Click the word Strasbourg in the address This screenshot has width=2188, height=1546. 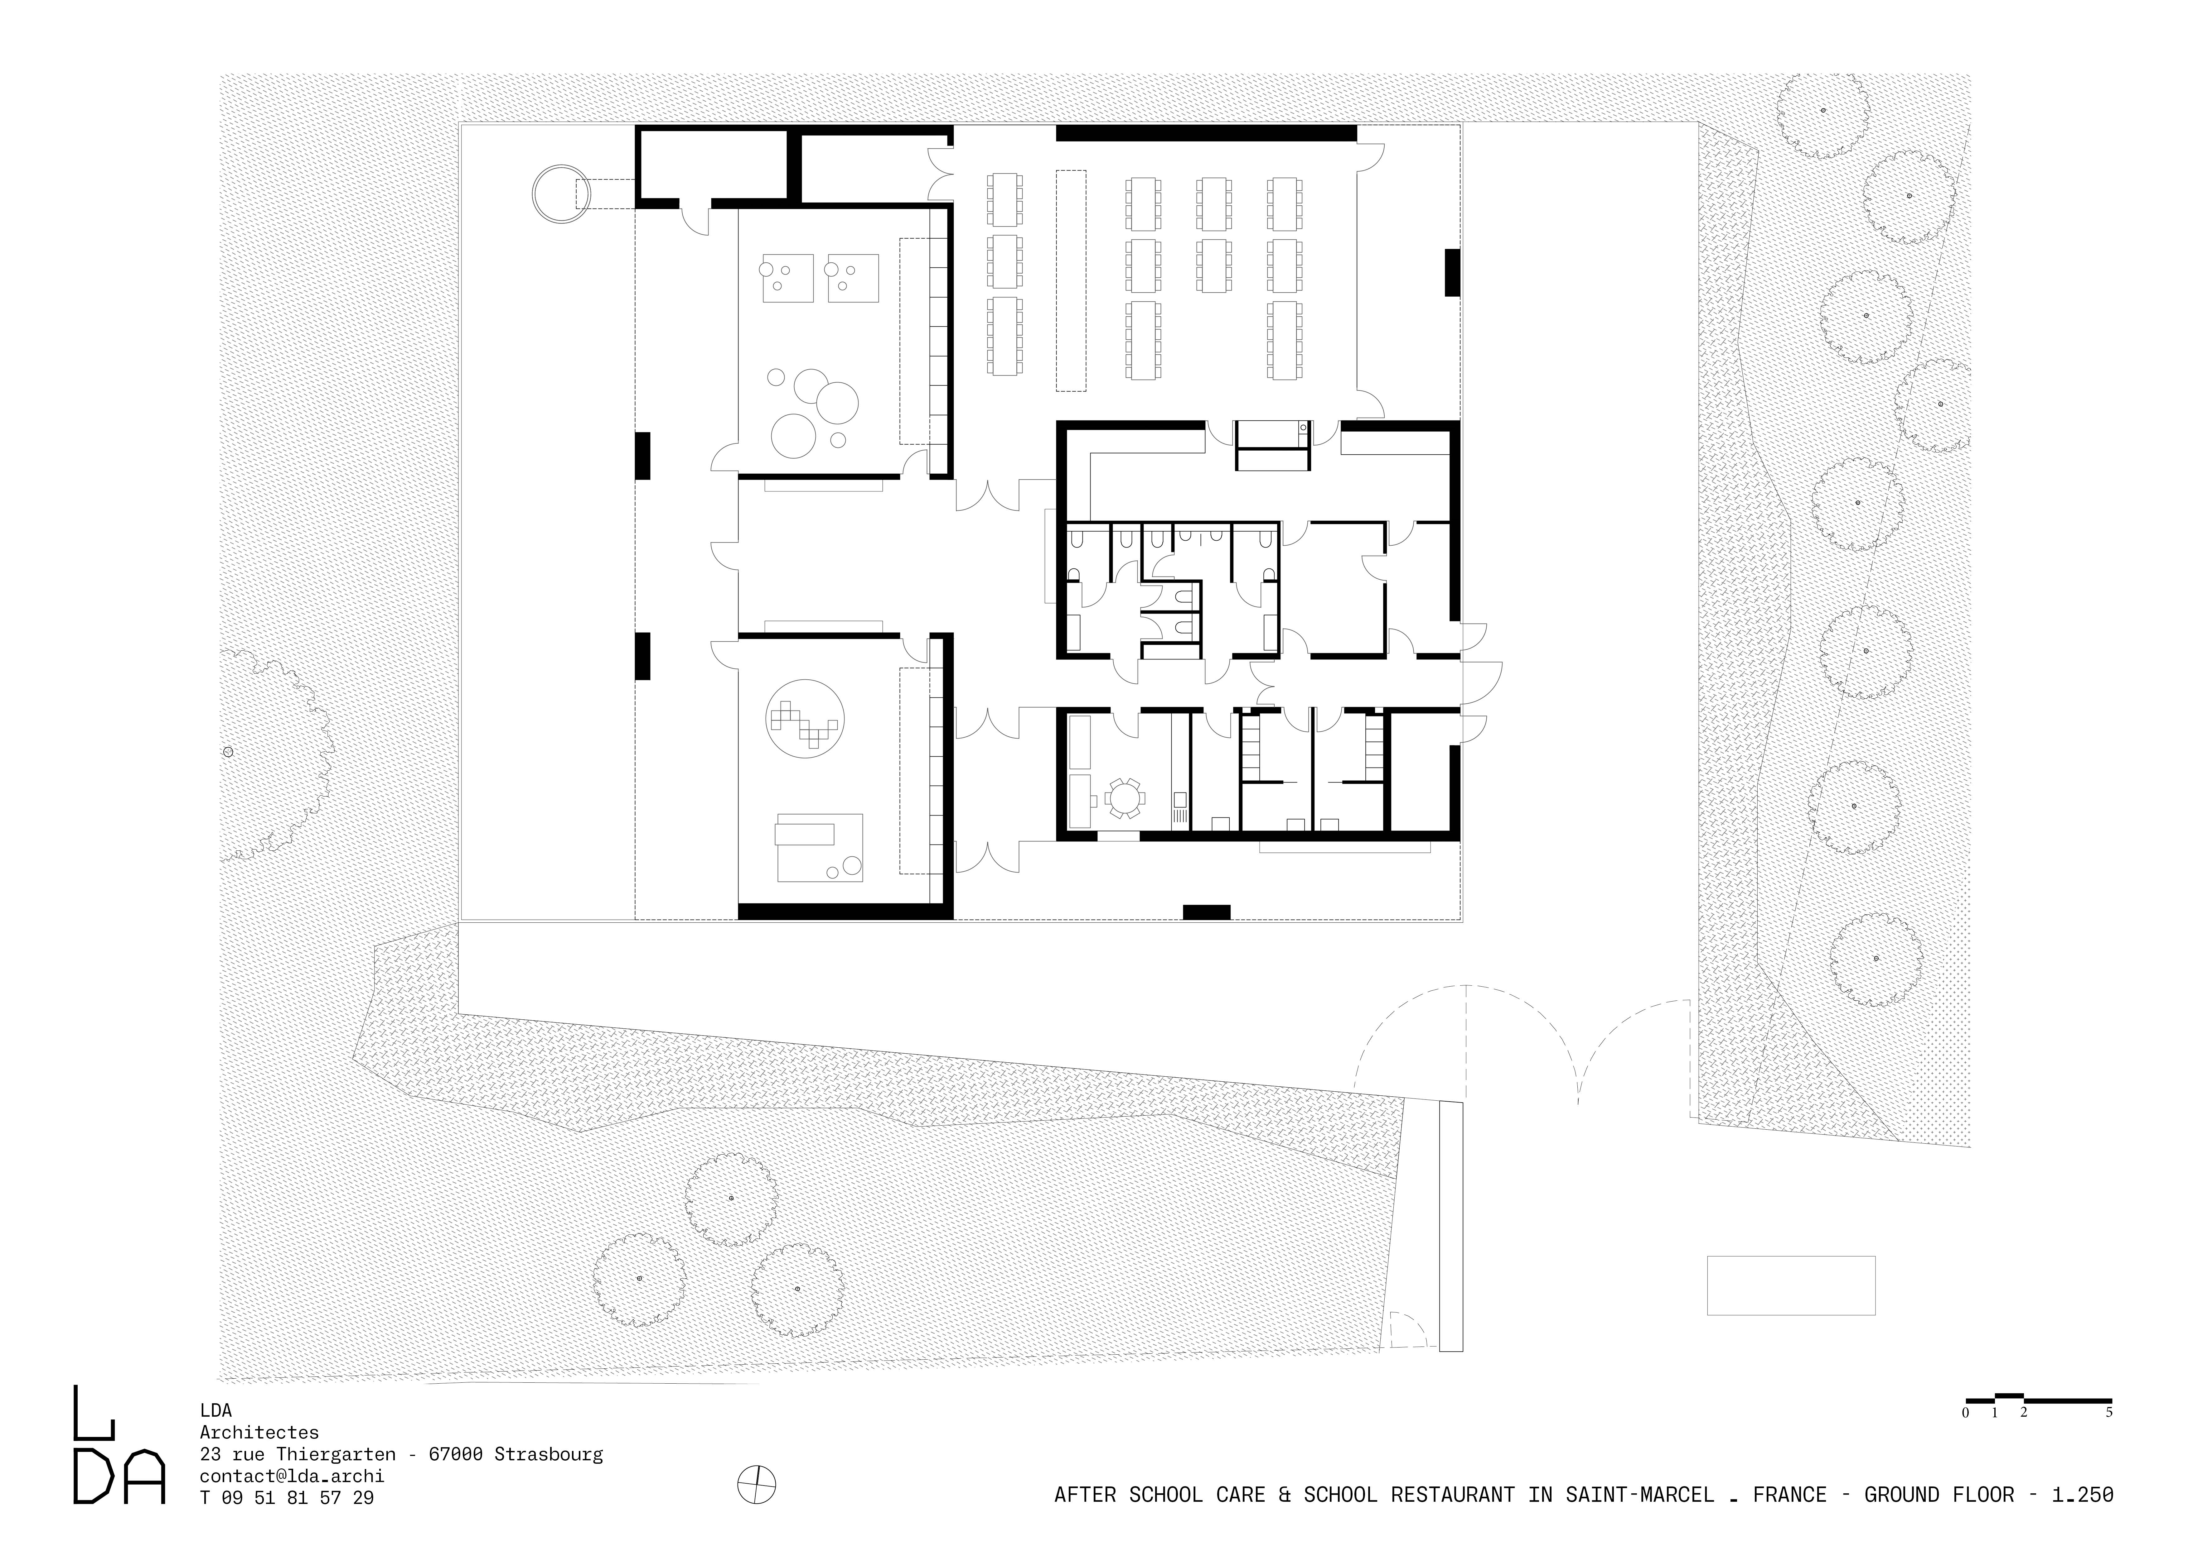(549, 1455)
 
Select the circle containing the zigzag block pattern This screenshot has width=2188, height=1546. (804, 718)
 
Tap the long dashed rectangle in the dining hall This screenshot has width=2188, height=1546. (1071, 280)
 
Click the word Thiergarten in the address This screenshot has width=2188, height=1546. (336, 1455)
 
